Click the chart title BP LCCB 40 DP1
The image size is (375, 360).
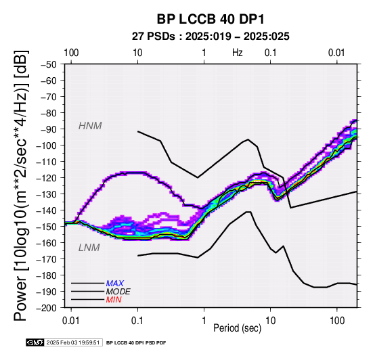tap(211, 19)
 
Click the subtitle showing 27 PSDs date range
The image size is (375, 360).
tap(211, 37)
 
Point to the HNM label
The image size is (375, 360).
tap(90, 126)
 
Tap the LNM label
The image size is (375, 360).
tap(89, 248)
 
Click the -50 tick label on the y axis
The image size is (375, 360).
tap(49, 64)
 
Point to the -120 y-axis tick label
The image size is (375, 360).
tap(47, 178)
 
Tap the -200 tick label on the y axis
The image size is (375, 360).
tap(47, 308)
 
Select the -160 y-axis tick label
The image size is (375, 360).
tap(47, 243)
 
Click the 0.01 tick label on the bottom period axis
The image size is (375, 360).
tap(71, 321)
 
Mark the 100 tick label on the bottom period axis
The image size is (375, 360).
tap(337, 321)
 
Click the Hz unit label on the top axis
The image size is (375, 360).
tap(238, 53)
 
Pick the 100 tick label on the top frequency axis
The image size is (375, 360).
tap(71, 53)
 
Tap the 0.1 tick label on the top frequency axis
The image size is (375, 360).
tap(271, 53)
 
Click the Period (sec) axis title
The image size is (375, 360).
tap(237, 328)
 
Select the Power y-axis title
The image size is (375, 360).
tap(20, 185)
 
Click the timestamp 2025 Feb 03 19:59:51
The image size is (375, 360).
tap(73, 343)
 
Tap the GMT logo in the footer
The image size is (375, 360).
tap(35, 342)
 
